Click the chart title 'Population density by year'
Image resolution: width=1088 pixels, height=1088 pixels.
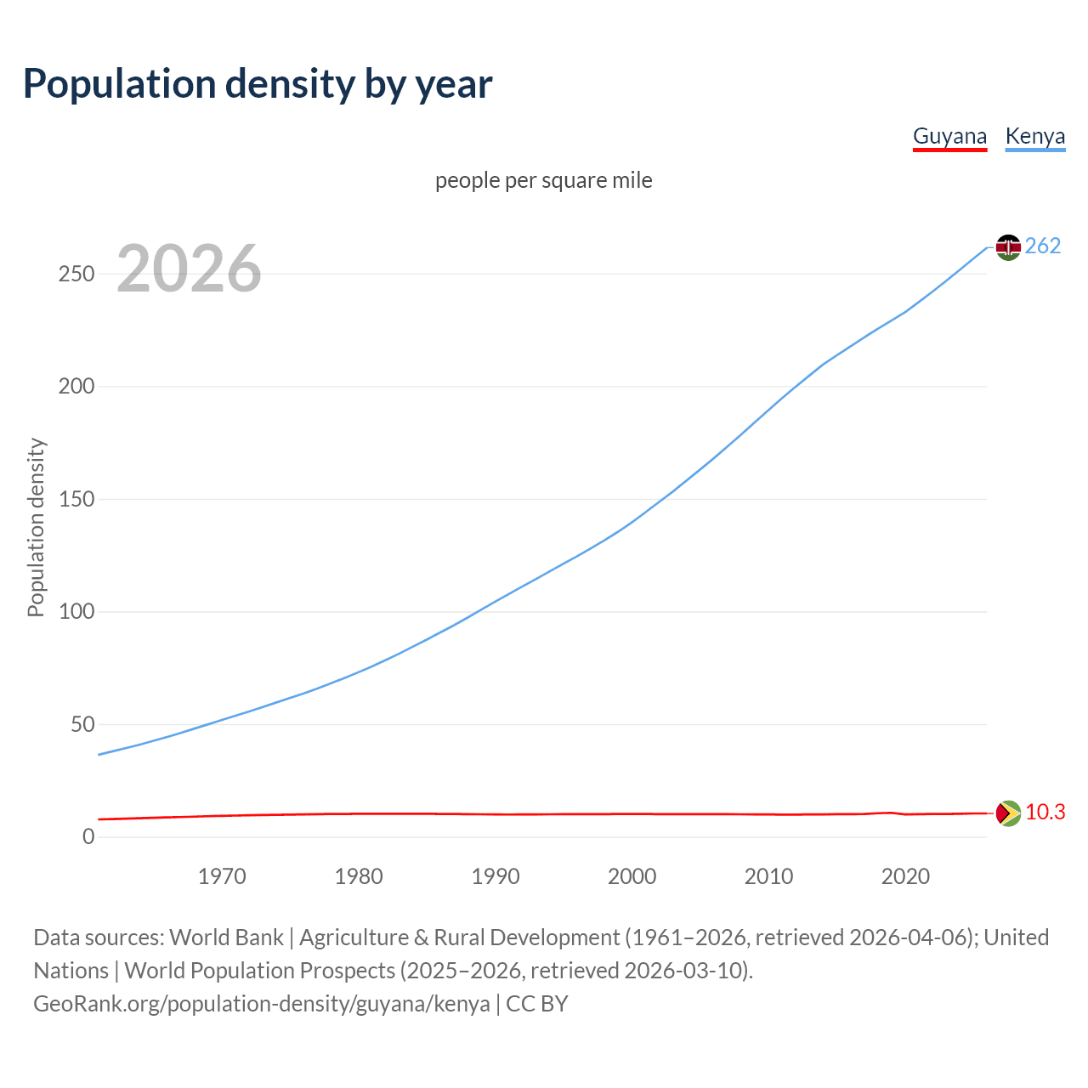click(x=258, y=84)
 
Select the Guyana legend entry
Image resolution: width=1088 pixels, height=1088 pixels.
click(x=949, y=137)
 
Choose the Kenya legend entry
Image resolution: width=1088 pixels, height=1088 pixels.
click(x=1034, y=137)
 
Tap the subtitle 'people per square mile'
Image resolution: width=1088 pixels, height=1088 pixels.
click(x=543, y=180)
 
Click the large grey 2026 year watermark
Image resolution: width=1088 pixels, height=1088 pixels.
click(x=189, y=269)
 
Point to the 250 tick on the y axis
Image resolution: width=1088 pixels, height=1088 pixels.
click(x=76, y=274)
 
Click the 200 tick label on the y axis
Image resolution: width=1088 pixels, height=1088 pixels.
click(x=76, y=387)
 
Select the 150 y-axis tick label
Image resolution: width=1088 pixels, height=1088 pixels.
click(x=76, y=499)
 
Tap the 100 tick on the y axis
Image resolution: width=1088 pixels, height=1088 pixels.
click(x=76, y=612)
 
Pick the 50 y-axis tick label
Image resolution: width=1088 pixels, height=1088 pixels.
click(x=82, y=724)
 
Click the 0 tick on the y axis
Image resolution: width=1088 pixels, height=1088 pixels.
click(x=88, y=837)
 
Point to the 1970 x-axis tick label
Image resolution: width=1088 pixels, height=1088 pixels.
click(x=222, y=876)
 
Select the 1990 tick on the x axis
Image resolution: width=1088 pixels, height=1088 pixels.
click(x=496, y=876)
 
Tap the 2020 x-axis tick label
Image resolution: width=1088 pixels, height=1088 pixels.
click(x=905, y=876)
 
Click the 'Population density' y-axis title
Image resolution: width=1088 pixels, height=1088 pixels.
click(x=36, y=527)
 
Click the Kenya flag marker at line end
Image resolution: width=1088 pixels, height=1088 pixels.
click(x=1008, y=247)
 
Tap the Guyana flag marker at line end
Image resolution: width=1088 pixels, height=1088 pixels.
click(x=1008, y=813)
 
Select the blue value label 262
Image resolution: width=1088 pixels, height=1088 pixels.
click(x=1043, y=246)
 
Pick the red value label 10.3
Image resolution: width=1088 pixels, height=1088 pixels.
click(x=1045, y=813)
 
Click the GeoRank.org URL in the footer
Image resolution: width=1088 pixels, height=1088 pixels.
click(x=262, y=1004)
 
